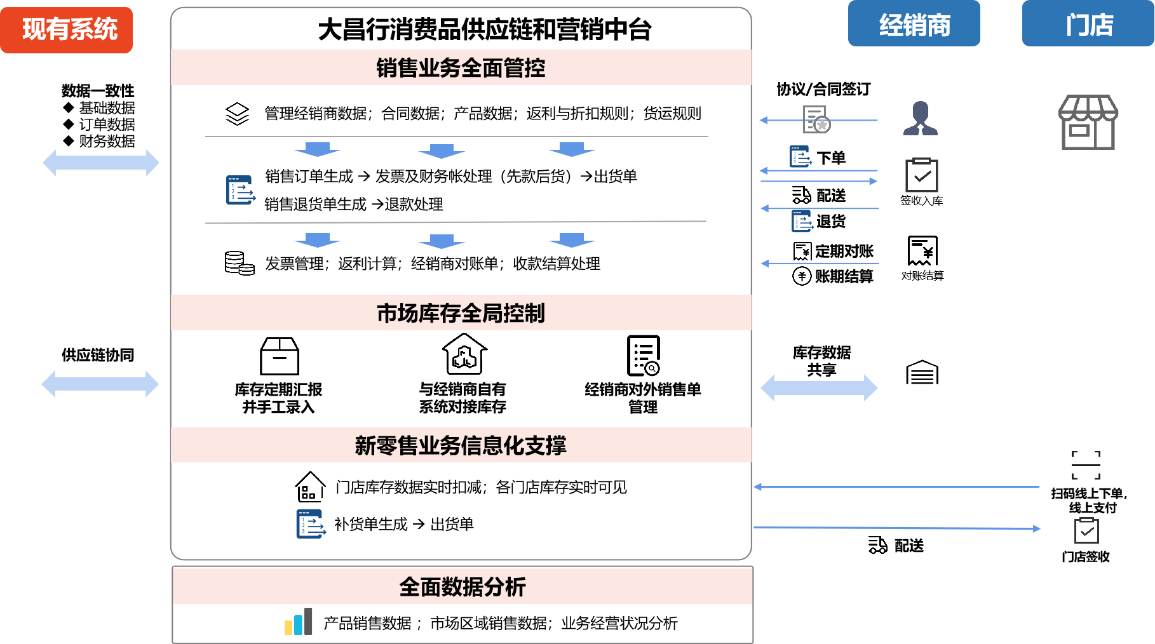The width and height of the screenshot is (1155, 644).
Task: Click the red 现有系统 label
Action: click(x=67, y=30)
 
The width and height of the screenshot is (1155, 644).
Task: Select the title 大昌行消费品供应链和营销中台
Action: click(x=484, y=29)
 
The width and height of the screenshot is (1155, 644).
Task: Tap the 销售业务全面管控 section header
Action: click(x=461, y=68)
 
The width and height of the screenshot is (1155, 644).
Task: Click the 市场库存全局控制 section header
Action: click(x=461, y=313)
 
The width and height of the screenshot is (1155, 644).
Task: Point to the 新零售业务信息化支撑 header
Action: click(x=461, y=445)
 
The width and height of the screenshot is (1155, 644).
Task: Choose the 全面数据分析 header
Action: click(x=463, y=587)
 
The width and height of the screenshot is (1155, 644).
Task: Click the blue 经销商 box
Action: click(x=914, y=24)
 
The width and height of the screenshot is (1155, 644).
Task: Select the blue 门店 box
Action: click(x=1088, y=24)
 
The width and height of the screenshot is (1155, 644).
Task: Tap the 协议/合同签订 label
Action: click(x=823, y=89)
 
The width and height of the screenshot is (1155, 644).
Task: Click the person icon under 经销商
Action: click(x=920, y=119)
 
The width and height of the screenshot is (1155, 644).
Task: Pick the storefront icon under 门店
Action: click(x=1088, y=123)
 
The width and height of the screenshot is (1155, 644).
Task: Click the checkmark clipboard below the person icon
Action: click(x=921, y=175)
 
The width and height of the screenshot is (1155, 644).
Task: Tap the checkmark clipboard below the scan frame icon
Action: click(x=1086, y=530)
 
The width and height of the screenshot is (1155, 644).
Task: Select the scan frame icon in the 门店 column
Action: click(x=1086, y=465)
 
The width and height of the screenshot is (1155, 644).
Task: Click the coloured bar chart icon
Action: click(x=299, y=622)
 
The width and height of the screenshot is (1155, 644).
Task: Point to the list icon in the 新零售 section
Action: click(x=311, y=524)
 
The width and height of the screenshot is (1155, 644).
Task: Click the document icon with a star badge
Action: click(x=816, y=119)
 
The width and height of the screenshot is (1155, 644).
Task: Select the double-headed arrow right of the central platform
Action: click(x=819, y=387)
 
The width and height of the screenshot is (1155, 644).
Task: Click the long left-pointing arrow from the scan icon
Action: click(x=896, y=487)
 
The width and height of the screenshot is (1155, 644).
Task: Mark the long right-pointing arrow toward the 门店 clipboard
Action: click(x=896, y=528)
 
